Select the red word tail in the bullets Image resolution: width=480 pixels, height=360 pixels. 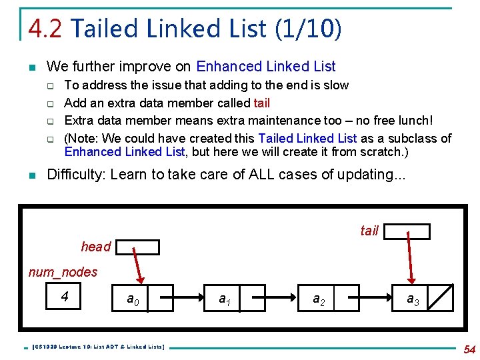pos(261,103)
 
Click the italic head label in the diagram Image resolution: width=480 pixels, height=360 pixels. pos(95,247)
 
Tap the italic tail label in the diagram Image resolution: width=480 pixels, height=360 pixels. pos(369,231)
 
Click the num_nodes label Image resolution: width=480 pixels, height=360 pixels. pos(63,272)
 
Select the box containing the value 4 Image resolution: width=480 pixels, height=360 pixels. pos(65,297)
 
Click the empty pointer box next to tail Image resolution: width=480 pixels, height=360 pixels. pos(407,231)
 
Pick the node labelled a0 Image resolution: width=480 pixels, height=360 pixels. pos(134,299)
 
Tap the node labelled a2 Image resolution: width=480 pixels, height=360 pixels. pos(320,299)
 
